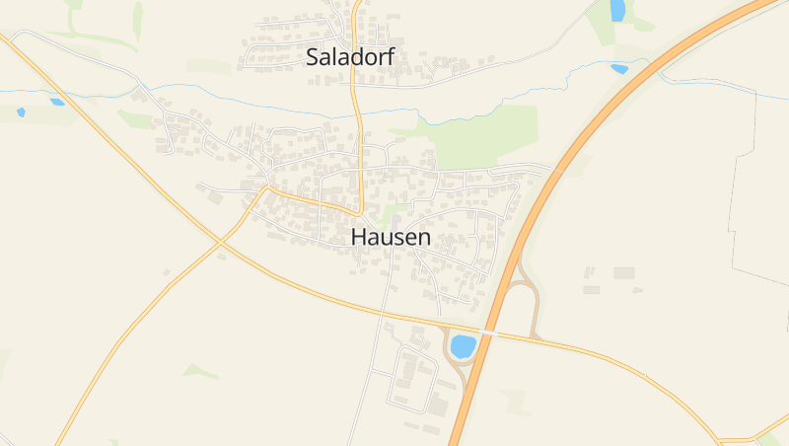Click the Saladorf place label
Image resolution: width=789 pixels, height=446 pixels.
pos(350,57)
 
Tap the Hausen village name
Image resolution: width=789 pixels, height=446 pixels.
pos(391,238)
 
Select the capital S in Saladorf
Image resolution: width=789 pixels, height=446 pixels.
pos(313,57)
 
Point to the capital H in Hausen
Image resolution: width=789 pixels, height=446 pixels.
pos(358,238)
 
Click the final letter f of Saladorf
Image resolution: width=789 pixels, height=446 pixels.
pos(391,56)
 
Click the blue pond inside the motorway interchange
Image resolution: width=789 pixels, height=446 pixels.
pos(463,346)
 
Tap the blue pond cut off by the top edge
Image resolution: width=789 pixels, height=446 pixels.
pos(618,10)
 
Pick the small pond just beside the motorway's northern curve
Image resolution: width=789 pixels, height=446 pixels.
pos(619,69)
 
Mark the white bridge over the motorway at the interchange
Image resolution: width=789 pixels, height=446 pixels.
pos(485,334)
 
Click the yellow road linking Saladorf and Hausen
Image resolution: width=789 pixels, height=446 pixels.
pos(357,138)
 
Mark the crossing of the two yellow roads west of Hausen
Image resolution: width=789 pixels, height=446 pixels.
pos(219,239)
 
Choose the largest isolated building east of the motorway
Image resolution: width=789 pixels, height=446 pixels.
pos(623,272)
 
